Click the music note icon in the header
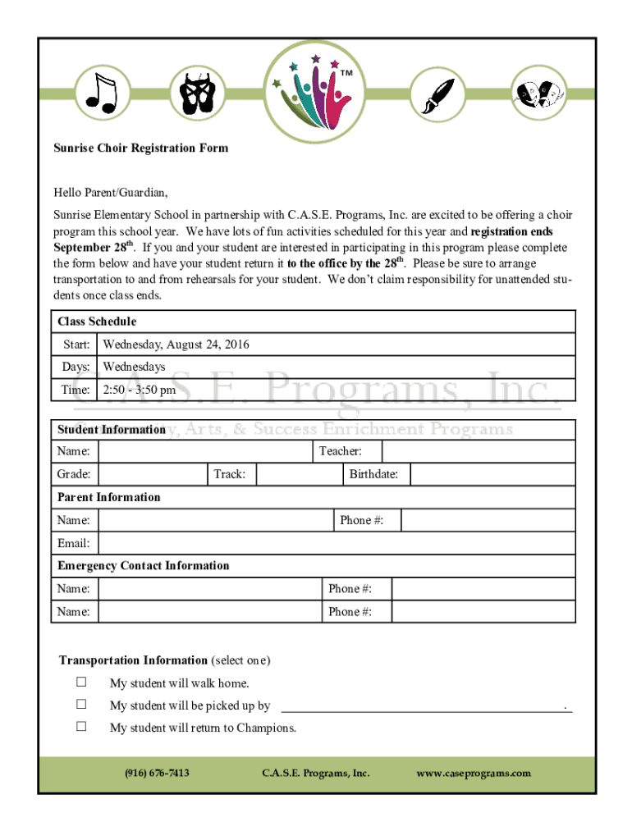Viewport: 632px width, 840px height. pyautogui.click(x=103, y=92)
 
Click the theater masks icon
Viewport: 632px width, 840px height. pyautogui.click(x=538, y=92)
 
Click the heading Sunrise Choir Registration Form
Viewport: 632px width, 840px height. pyautogui.click(x=141, y=148)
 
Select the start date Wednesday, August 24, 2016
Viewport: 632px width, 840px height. pyautogui.click(x=176, y=345)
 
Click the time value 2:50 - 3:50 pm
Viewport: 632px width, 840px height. pyautogui.click(x=139, y=390)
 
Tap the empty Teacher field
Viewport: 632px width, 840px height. pyautogui.click(x=478, y=451)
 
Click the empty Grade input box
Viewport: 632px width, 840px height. pyautogui.click(x=151, y=474)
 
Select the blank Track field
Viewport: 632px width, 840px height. pyautogui.click(x=298, y=474)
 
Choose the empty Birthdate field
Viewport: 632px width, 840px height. pyautogui.click(x=492, y=474)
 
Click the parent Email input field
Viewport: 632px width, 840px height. pyautogui.click(x=336, y=543)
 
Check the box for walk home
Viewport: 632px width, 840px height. pyautogui.click(x=81, y=682)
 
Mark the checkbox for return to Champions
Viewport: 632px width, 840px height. pyautogui.click(x=81, y=727)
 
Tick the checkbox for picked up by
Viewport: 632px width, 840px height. pyautogui.click(x=81, y=705)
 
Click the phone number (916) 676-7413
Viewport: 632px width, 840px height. pyautogui.click(x=157, y=773)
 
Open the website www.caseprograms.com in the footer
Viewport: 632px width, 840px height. pyautogui.click(x=474, y=773)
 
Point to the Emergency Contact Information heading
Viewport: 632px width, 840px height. pyautogui.click(x=144, y=566)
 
